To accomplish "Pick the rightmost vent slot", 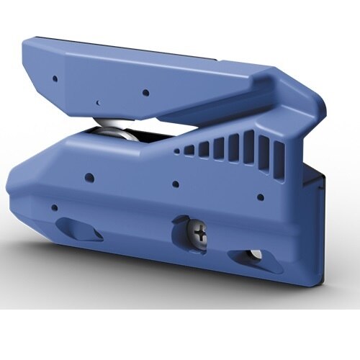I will tap(279, 153).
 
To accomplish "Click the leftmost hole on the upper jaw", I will tap(55, 76).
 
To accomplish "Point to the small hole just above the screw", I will tap(176, 184).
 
